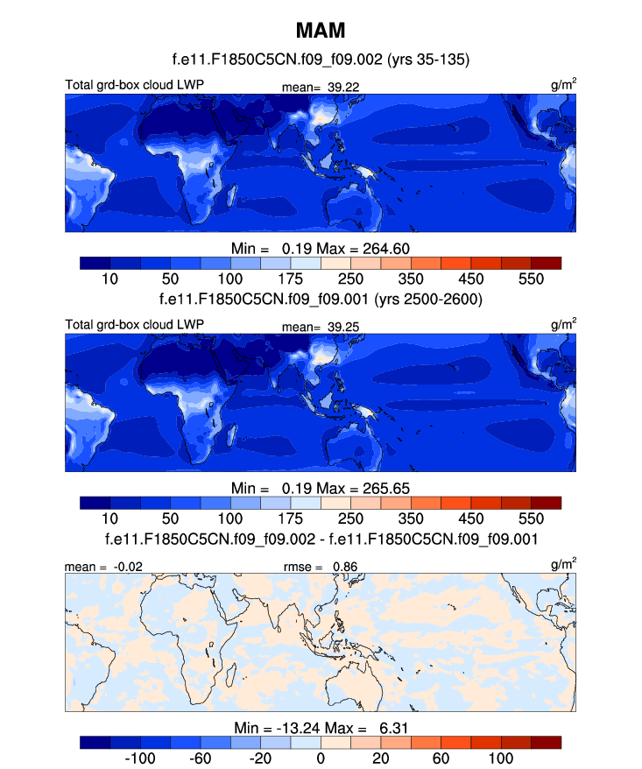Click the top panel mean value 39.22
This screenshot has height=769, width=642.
[345, 87]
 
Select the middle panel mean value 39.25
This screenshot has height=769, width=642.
[345, 327]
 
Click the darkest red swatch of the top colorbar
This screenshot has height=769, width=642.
[546, 263]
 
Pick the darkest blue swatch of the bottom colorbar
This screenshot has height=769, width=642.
[95, 743]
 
